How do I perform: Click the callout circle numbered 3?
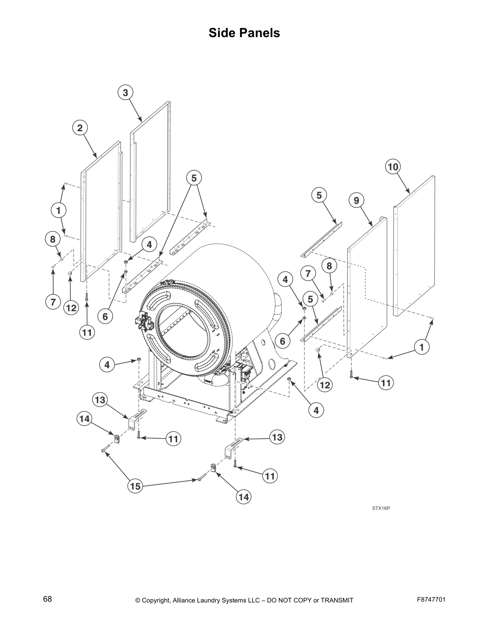[125, 93]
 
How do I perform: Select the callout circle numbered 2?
[80, 128]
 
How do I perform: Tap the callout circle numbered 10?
[393, 167]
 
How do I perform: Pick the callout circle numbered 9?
[356, 201]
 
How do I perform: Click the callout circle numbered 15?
[135, 486]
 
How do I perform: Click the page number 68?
[48, 599]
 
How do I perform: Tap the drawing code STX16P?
[381, 508]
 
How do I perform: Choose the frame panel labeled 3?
[151, 172]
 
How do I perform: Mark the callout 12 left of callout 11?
[71, 308]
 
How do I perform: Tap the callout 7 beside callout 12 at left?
[53, 302]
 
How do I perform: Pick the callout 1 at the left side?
[58, 210]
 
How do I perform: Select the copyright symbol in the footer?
[138, 600]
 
